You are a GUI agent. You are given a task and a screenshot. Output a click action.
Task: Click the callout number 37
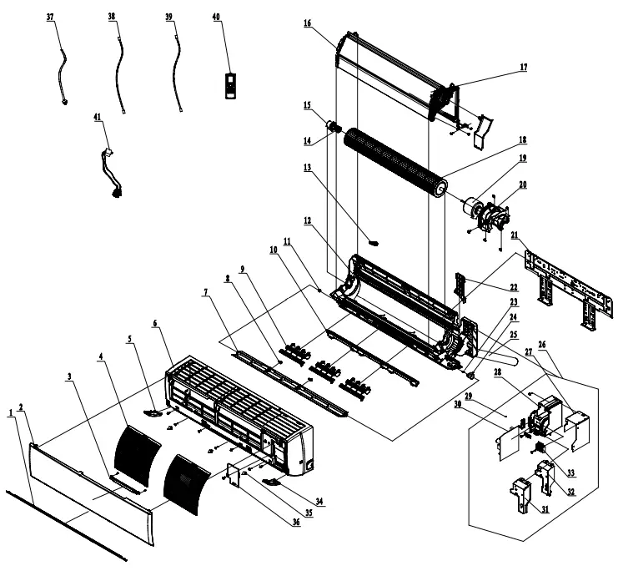click(51, 17)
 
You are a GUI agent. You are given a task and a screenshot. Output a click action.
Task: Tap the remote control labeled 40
click(232, 85)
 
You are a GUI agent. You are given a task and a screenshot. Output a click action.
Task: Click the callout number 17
click(523, 67)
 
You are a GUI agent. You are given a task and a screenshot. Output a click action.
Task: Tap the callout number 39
click(169, 17)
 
